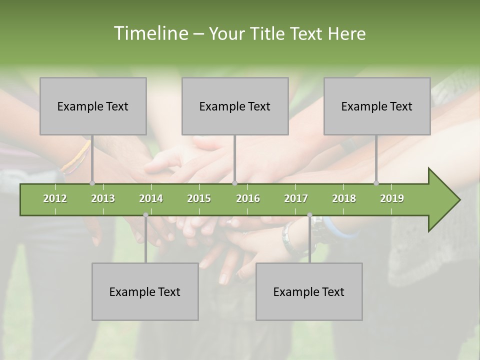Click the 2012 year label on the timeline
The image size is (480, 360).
tap(55, 198)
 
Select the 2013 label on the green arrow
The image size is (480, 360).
tap(103, 198)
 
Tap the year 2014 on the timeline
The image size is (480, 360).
tap(151, 198)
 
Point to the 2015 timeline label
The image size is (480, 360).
tap(199, 198)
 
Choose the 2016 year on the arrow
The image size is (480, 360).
tap(248, 198)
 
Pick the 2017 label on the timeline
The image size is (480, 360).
tap(296, 198)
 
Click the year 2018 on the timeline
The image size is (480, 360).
tap(344, 198)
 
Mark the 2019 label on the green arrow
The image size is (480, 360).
tap(392, 198)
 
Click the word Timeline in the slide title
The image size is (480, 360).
tap(149, 33)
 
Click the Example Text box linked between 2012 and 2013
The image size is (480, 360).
tap(93, 106)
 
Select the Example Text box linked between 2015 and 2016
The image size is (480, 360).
tap(235, 106)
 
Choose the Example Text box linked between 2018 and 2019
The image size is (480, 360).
tap(377, 106)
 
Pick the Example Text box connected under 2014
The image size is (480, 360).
tap(145, 291)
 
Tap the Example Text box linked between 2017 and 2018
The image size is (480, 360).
tap(309, 291)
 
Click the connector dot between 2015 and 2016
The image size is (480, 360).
tap(235, 183)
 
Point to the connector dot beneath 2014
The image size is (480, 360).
tap(145, 215)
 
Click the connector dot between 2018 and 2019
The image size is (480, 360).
tap(376, 183)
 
